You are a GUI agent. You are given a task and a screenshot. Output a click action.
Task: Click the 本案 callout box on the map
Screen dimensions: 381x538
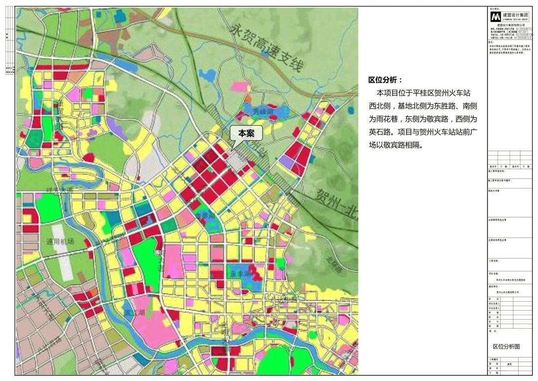coord(246,133)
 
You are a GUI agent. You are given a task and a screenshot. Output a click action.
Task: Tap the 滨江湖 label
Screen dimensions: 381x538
coord(134,313)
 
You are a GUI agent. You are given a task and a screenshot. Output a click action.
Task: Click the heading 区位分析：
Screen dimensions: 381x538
coord(385,80)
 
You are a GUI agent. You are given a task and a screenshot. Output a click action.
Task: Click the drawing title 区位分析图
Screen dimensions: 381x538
coord(506,347)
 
